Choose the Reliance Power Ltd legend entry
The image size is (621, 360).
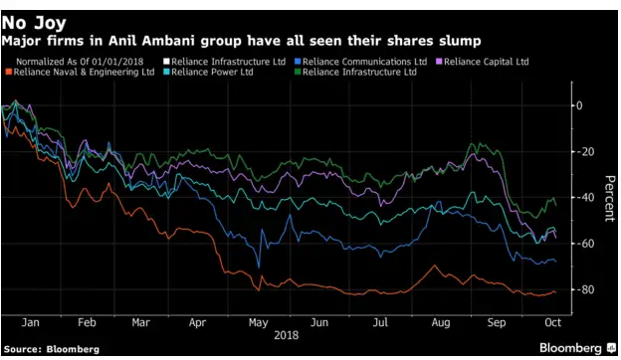coord(215,73)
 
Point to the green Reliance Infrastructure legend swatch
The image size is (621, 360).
coord(297,73)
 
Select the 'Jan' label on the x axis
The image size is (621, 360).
coord(30,323)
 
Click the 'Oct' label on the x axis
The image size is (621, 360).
coord(549,323)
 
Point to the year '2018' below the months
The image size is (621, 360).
coord(287,335)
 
